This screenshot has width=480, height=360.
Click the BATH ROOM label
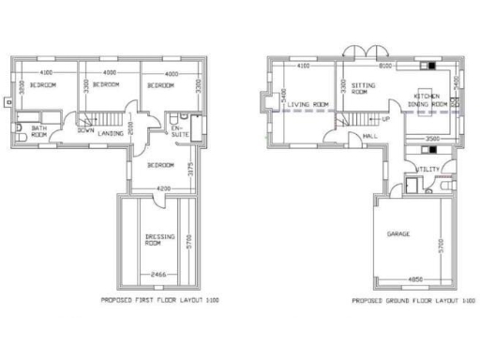click(39, 132)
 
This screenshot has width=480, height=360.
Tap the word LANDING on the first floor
click(111, 134)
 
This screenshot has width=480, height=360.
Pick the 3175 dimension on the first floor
click(191, 170)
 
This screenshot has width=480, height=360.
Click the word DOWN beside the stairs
click(85, 131)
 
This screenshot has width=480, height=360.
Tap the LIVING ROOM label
click(307, 104)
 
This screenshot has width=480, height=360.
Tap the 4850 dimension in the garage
click(417, 278)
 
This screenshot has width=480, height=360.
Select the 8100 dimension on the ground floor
click(384, 67)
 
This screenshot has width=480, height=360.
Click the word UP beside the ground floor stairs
click(385, 120)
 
